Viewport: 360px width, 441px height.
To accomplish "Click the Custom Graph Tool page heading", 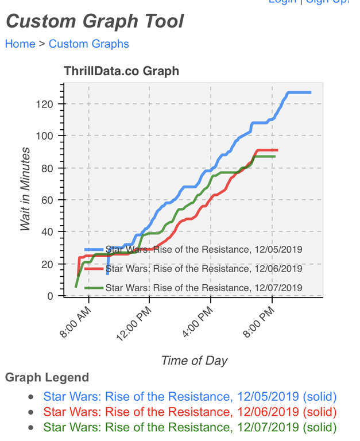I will pos(95,22).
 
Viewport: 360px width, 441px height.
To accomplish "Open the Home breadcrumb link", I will pos(20,44).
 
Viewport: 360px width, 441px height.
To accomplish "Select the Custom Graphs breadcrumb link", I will pos(89,44).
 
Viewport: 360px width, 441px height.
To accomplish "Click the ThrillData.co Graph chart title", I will pos(121,71).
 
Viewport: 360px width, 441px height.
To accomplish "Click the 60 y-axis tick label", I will pos(48,200).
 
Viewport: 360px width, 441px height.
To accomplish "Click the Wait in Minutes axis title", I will pos(25,189).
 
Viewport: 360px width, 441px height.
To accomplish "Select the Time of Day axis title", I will pos(194,361).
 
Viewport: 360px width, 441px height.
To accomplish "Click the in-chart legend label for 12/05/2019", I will pos(204,249).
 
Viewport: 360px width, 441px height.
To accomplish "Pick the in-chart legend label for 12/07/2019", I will pos(204,287).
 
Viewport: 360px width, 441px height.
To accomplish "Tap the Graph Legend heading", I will pos(47,377).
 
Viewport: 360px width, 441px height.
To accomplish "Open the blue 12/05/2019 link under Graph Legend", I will pos(189,397).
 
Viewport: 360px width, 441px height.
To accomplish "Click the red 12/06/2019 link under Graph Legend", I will pos(189,412).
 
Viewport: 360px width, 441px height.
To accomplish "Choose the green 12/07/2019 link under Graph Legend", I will pos(189,427).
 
